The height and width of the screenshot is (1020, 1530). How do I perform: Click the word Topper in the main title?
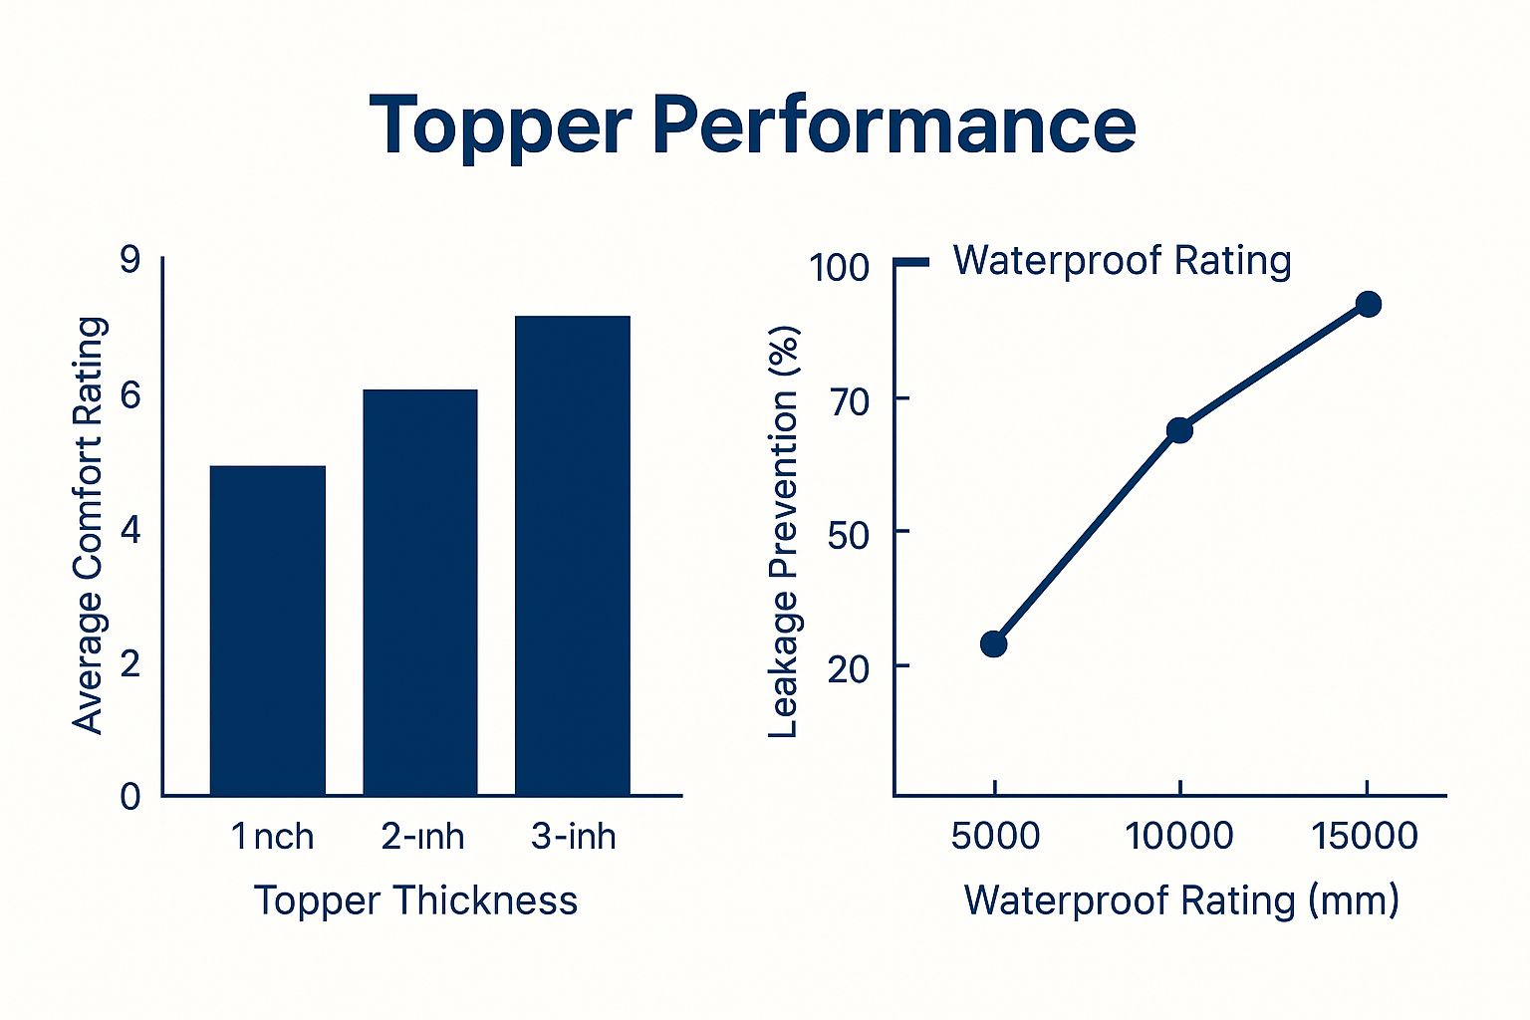(x=500, y=126)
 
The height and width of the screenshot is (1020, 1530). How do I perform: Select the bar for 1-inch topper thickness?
(x=267, y=630)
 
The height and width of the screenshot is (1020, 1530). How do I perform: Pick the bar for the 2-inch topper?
(x=419, y=592)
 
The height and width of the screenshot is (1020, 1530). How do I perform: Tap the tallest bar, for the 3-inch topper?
(x=572, y=555)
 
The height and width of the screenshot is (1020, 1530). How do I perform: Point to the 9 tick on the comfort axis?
(x=130, y=260)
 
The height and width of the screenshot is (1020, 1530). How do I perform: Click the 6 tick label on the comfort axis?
(x=130, y=395)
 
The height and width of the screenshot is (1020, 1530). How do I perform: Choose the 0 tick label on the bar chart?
(x=130, y=796)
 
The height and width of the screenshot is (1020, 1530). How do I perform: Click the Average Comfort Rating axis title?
(x=90, y=525)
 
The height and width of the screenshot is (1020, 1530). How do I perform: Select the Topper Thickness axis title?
(x=415, y=900)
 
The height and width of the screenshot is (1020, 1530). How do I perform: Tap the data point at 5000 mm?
(x=993, y=643)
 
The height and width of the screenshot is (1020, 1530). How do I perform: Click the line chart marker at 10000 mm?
(x=1179, y=430)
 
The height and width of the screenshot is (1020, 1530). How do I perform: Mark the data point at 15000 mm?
(x=1369, y=304)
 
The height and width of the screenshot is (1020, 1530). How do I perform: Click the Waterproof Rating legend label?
(x=1122, y=261)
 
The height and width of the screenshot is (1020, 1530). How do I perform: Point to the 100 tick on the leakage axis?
(x=839, y=267)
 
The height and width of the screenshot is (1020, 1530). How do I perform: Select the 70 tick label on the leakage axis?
(x=849, y=400)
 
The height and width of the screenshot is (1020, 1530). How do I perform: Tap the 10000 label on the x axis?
(x=1179, y=836)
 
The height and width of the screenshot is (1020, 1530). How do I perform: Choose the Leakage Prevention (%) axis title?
(x=785, y=532)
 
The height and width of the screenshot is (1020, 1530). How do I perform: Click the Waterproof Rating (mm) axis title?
(x=1181, y=900)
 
